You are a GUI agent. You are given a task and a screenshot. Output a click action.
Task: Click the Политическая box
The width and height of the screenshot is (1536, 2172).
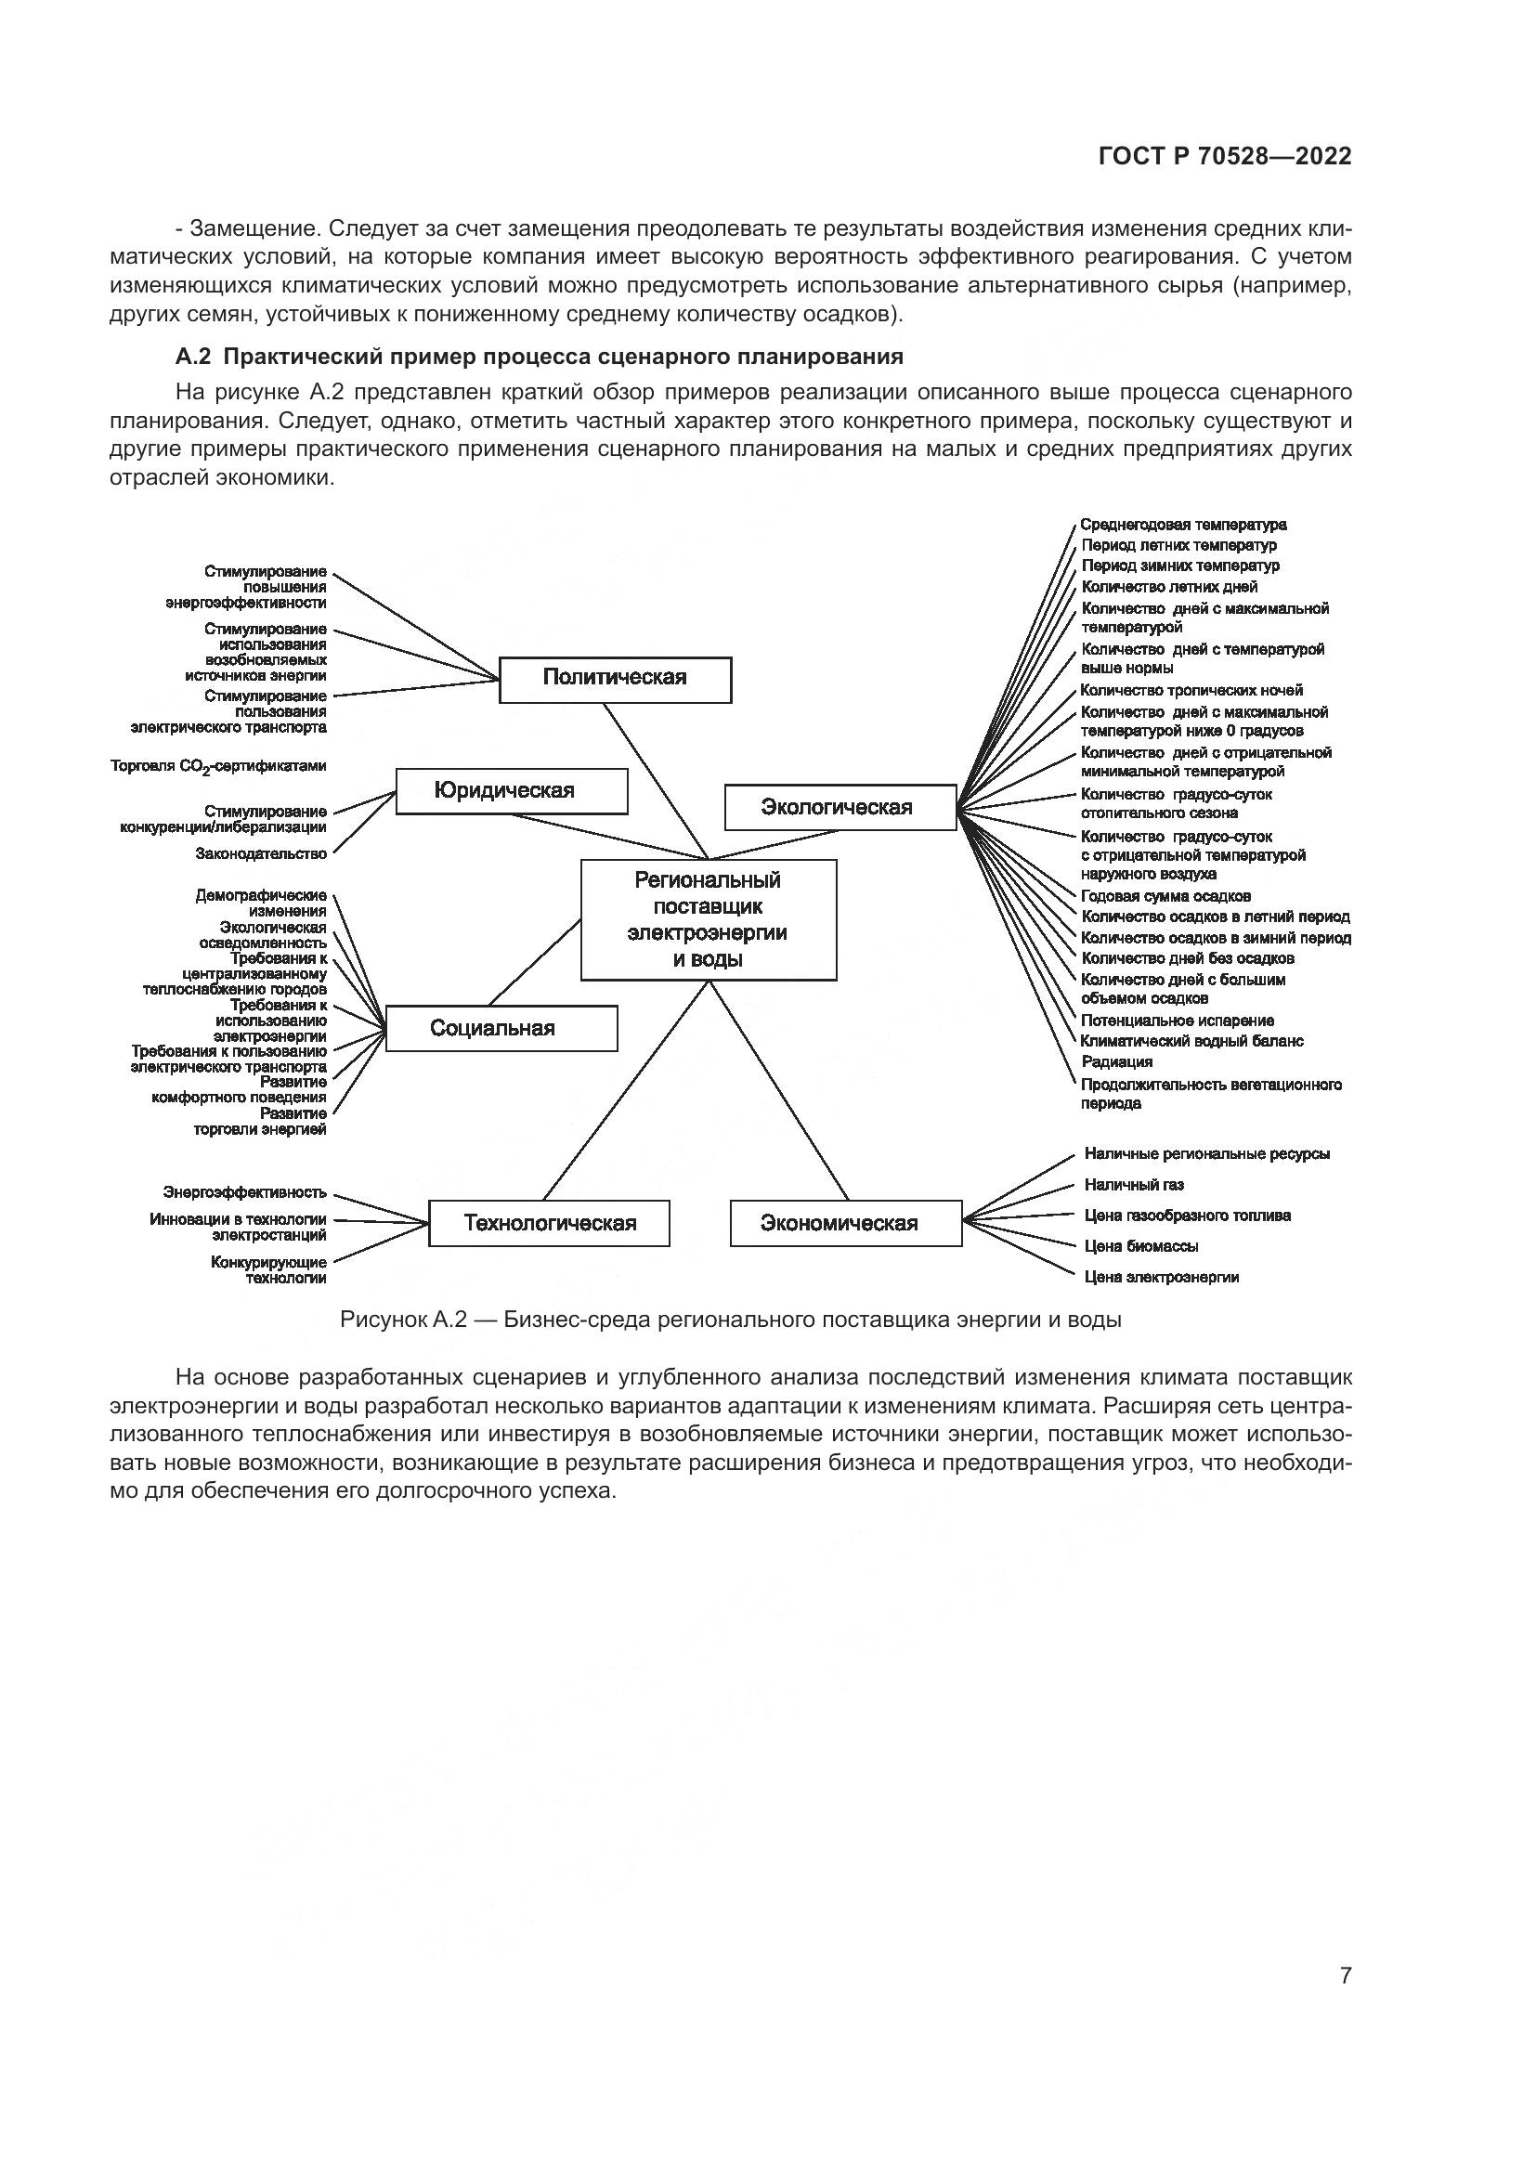[615, 679]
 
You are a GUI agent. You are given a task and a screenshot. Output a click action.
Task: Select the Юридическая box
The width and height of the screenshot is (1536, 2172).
[511, 791]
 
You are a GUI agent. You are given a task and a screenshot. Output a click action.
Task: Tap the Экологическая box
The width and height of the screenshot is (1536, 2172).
[840, 807]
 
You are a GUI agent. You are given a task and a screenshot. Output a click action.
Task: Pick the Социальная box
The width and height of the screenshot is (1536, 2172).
[501, 1028]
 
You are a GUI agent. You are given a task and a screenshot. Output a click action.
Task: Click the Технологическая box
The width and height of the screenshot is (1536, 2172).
[549, 1223]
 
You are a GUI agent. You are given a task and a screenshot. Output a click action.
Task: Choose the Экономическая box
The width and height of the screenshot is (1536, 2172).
[846, 1223]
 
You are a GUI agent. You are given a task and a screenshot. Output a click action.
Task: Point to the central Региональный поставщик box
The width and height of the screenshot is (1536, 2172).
[708, 919]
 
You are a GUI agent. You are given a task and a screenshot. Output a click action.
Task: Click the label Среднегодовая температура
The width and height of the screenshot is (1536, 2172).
[1183, 524]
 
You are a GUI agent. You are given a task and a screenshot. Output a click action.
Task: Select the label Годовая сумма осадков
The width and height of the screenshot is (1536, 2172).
[1166, 896]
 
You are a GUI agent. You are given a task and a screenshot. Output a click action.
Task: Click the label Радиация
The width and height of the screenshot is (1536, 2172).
[1117, 1061]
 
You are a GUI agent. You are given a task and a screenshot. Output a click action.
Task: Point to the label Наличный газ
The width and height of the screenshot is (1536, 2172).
[1134, 1184]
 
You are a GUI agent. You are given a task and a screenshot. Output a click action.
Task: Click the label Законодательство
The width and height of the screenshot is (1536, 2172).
[261, 853]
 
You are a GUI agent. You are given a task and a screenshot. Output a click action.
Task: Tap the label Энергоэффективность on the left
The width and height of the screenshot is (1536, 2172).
[245, 1192]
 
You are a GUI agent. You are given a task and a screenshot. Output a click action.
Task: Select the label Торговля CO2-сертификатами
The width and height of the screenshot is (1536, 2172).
[218, 766]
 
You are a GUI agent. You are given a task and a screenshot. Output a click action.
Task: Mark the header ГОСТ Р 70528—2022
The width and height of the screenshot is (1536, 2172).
[1225, 157]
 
